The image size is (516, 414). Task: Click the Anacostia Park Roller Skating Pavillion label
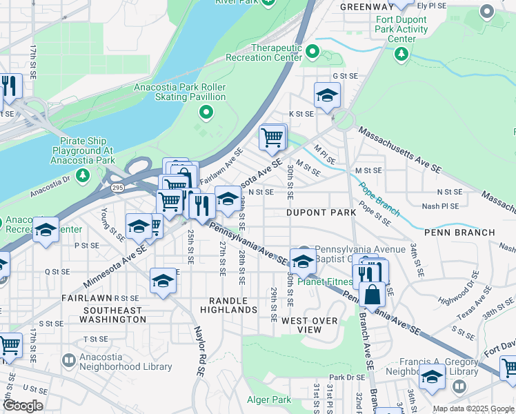click(180, 92)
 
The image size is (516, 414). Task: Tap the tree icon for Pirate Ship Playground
click(82, 175)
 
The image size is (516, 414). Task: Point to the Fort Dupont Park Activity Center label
click(402, 30)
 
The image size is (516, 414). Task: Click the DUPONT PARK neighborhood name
click(321, 213)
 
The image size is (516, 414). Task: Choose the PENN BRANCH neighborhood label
click(459, 233)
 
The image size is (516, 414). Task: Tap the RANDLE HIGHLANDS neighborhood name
click(228, 306)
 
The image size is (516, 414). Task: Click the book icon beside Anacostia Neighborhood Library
click(68, 360)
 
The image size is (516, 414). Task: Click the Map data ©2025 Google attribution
click(473, 408)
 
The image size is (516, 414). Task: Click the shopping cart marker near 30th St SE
click(272, 138)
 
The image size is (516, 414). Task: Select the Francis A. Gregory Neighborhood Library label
click(448, 366)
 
